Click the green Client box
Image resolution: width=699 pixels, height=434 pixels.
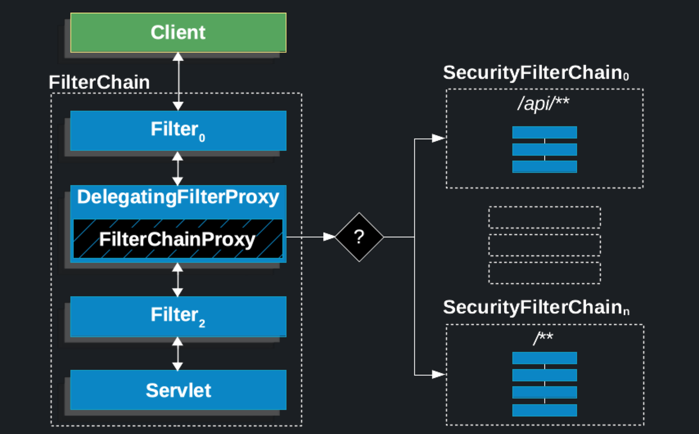178,32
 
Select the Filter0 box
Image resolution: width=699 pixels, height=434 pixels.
178,130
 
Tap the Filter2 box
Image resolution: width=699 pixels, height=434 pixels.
178,316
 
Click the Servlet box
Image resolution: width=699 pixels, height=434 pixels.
178,390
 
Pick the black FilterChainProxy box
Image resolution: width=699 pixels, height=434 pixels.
177,239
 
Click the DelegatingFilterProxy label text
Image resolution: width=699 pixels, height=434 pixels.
178,197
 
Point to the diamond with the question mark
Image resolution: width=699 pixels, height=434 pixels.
359,237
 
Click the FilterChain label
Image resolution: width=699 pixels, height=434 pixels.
99,83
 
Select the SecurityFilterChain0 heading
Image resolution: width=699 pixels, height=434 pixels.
536,73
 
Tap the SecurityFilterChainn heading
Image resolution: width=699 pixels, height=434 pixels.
536,307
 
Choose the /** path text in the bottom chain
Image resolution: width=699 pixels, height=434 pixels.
543,338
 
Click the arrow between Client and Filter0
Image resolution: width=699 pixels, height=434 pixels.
178,82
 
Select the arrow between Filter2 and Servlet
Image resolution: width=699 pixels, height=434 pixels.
178,354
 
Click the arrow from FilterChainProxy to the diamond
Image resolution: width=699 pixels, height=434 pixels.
310,237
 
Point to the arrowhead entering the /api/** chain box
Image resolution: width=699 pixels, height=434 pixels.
439,139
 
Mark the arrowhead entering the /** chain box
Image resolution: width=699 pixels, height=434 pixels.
439,374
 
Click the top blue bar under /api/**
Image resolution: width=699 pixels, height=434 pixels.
544,132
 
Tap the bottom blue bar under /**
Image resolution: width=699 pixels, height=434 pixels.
544,410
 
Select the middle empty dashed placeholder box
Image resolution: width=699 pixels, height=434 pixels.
544,245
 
